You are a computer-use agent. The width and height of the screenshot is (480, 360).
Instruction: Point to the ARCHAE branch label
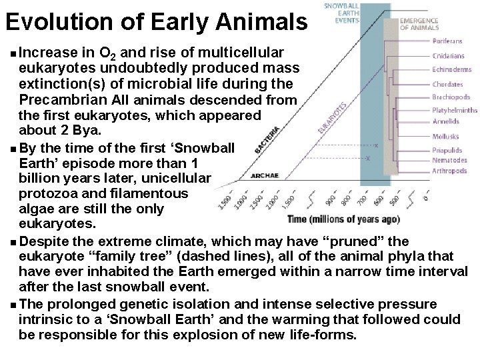pos(264,176)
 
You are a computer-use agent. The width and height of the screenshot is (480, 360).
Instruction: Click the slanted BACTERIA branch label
pos(268,139)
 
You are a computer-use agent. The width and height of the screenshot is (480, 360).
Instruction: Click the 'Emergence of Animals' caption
pos(419,25)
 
